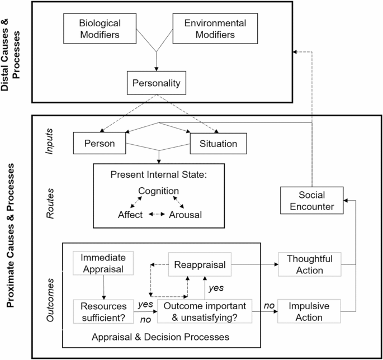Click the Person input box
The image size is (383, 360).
coord(100,144)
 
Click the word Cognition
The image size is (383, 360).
coord(159,191)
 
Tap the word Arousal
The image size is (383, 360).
coord(186,214)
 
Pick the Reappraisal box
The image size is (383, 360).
coord(200,265)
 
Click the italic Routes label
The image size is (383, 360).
coord(49,204)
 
